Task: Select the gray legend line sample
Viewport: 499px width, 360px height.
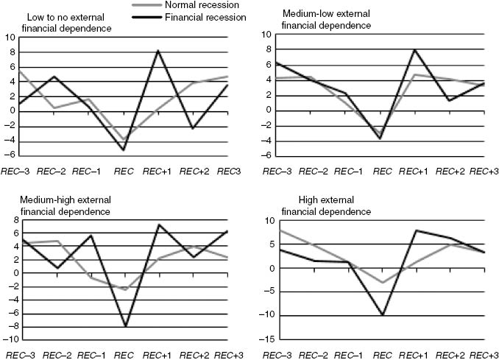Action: [x=153, y=6]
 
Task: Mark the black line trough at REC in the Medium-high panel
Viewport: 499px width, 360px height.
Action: [x=125, y=326]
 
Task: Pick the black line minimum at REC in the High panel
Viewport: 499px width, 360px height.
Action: [x=382, y=315]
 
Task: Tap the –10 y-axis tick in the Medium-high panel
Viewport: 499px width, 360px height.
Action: [x=8, y=339]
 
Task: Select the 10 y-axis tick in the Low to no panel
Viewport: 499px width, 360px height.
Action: [x=9, y=37]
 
